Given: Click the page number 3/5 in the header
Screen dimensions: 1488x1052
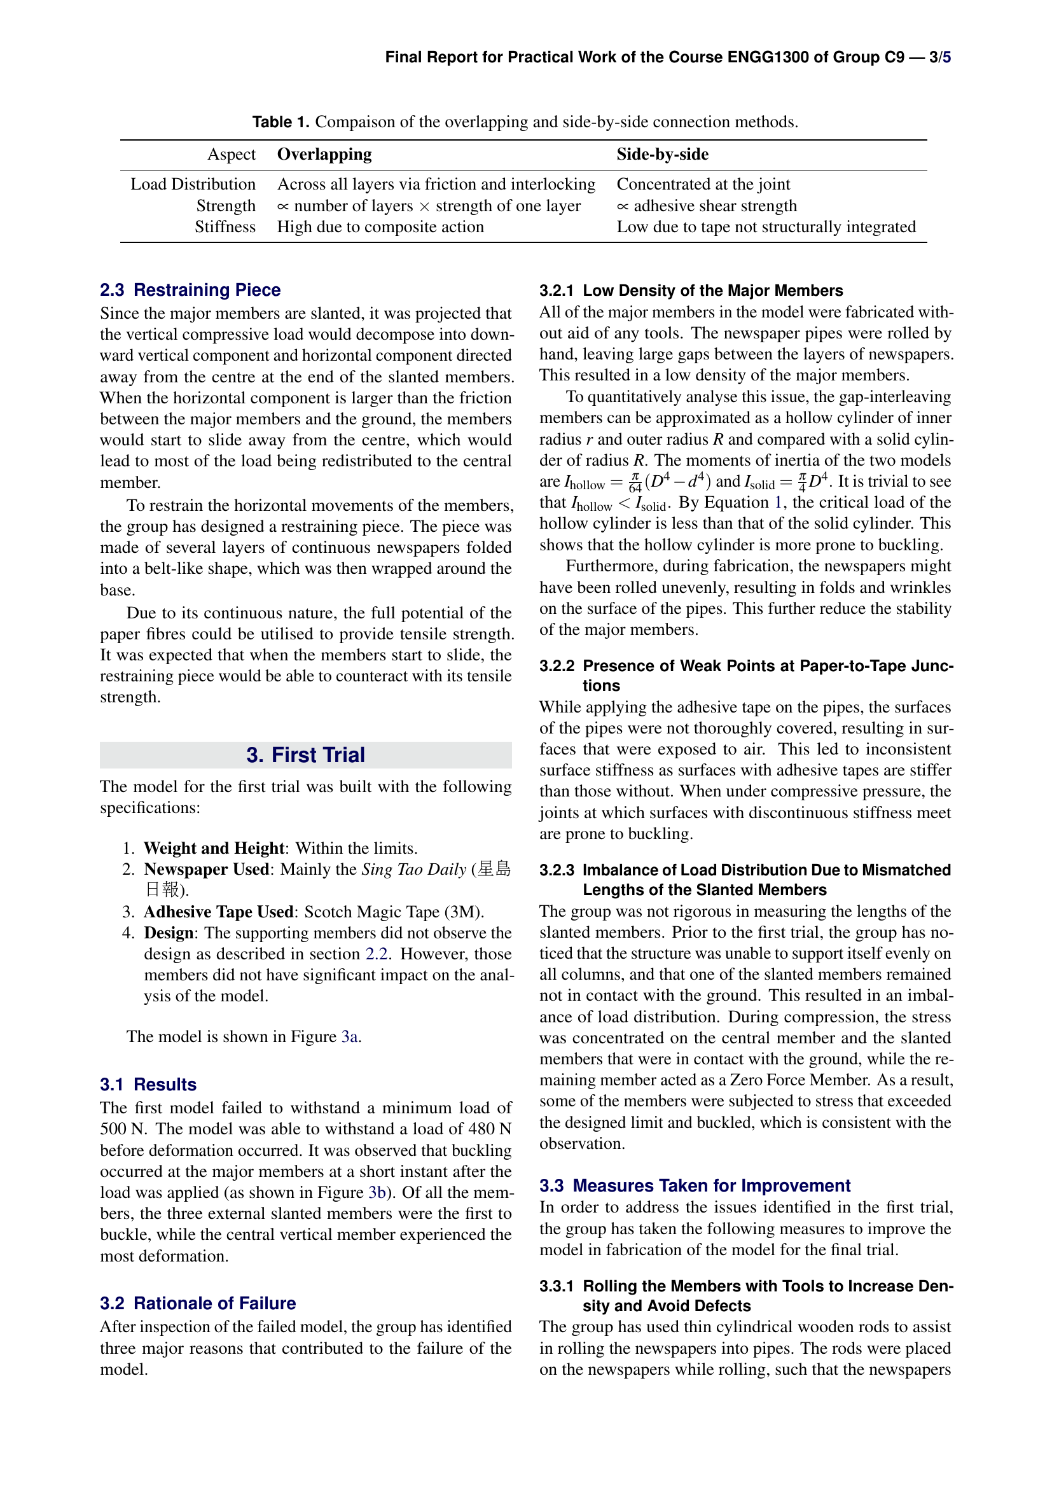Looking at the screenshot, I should (939, 57).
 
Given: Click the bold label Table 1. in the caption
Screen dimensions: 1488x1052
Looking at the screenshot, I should (280, 122).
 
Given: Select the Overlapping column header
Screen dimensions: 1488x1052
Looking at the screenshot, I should (324, 154).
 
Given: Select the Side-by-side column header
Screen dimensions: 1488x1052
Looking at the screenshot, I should (662, 154).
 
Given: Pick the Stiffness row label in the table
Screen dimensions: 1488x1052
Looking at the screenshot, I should (225, 227).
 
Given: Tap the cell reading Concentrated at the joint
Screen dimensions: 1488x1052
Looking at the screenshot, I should (703, 184).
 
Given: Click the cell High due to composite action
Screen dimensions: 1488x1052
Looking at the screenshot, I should (380, 227).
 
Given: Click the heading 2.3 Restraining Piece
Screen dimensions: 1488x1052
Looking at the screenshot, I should (190, 289).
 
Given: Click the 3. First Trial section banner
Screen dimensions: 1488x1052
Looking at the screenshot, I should (305, 755).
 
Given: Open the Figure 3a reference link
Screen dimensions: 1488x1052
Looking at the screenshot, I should (349, 1036).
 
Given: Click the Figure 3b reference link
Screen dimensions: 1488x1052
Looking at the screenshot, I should (377, 1192).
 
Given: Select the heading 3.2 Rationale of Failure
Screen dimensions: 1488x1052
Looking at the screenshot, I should (198, 1304).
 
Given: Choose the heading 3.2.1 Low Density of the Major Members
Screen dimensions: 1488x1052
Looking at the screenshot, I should (691, 290).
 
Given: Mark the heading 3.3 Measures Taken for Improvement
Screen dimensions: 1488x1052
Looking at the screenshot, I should (695, 1186).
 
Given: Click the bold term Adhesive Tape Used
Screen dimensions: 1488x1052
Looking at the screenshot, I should (218, 912).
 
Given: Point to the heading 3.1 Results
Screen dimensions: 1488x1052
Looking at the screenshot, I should (148, 1085).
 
